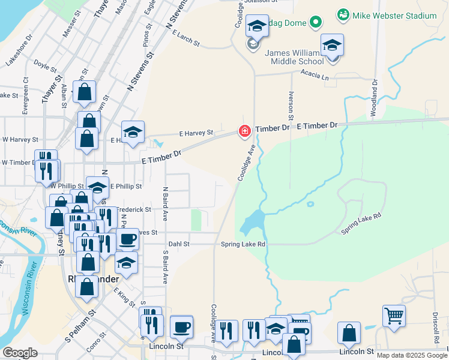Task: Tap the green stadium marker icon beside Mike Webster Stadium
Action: click(x=343, y=14)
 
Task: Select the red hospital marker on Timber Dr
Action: click(x=244, y=131)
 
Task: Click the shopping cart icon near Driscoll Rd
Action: click(x=394, y=315)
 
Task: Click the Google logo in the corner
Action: click(x=20, y=353)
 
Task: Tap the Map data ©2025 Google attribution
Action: click(x=412, y=355)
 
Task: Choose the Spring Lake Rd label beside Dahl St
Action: click(x=243, y=244)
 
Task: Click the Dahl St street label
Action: click(x=179, y=244)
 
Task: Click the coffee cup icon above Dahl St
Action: click(x=126, y=239)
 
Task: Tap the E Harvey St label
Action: click(x=196, y=133)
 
